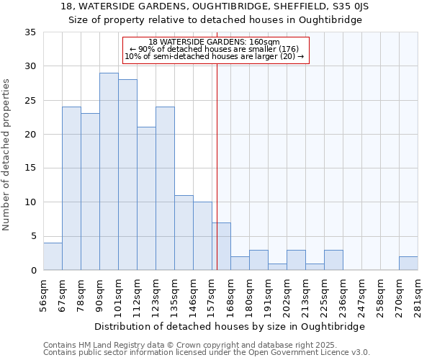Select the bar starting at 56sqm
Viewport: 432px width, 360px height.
tap(53, 256)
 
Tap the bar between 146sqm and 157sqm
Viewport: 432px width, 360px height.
tap(202, 236)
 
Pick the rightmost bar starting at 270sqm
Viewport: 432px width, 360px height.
tap(408, 264)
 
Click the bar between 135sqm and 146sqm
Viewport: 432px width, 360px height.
tap(184, 233)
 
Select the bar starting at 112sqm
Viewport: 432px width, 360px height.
tap(146, 199)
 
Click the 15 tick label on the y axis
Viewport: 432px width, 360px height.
tap(30, 168)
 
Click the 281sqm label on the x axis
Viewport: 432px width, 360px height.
tap(418, 295)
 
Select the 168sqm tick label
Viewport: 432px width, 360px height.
tap(231, 295)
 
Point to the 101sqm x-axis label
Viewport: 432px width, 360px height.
tap(119, 295)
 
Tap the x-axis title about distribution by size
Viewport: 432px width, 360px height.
tap(230, 326)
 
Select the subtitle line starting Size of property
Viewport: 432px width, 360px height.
tap(215, 20)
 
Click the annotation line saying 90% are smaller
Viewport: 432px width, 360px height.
tap(215, 49)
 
